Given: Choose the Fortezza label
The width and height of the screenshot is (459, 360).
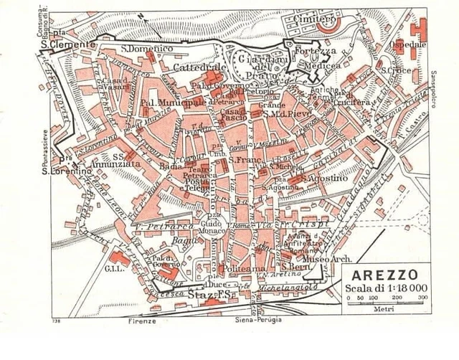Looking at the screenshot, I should [316, 52].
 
